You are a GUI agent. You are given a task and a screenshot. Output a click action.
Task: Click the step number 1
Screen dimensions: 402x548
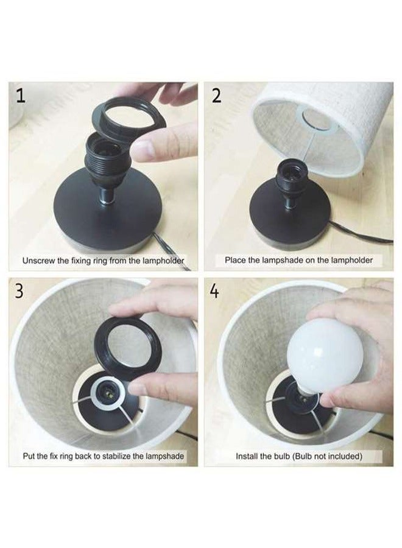pyautogui.click(x=21, y=96)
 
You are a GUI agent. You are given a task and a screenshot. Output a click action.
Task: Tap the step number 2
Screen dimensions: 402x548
pyautogui.click(x=217, y=96)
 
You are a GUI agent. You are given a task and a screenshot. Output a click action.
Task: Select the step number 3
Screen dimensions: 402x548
pyautogui.click(x=20, y=291)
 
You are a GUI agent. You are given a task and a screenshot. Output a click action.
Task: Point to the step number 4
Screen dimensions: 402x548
pyautogui.click(x=214, y=291)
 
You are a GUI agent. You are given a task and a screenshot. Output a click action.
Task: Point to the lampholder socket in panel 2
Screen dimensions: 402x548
pyautogui.click(x=291, y=174)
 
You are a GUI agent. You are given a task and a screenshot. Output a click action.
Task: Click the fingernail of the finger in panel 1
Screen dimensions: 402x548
pyautogui.click(x=145, y=147)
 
